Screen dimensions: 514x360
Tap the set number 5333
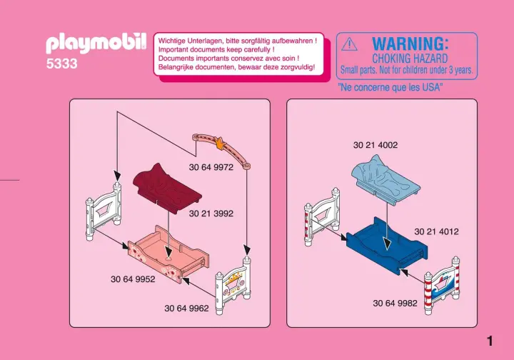[x=62, y=64]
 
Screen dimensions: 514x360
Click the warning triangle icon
[x=349, y=44]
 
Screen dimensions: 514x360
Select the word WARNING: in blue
[x=410, y=44]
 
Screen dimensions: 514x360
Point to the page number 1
[x=490, y=341]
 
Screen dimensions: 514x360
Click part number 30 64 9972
[x=211, y=167]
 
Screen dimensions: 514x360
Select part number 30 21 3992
[x=211, y=214]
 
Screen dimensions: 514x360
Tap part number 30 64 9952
[x=133, y=279]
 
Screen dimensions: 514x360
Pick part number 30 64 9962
[x=186, y=309]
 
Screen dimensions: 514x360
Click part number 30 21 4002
[x=376, y=145]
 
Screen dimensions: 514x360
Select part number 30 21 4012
[x=437, y=231]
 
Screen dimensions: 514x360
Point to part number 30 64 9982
[x=395, y=303]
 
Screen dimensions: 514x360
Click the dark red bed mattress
[x=167, y=189]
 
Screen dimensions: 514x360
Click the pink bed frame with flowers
[x=168, y=254]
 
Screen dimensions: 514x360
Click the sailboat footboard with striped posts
[x=442, y=285]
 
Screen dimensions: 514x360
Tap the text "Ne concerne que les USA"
[x=390, y=87]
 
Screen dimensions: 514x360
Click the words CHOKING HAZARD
[x=410, y=59]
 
